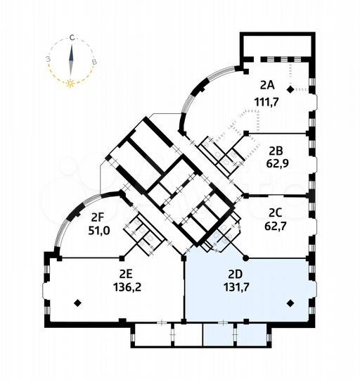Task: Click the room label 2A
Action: coord(266,85)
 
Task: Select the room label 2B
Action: coord(275,148)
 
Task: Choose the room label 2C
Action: coord(275,210)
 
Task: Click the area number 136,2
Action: coord(125,286)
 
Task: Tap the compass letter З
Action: coord(49,60)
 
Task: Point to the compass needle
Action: coord(71,59)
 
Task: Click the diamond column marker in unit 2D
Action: coord(290,304)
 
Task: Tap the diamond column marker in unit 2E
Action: coord(77,303)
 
